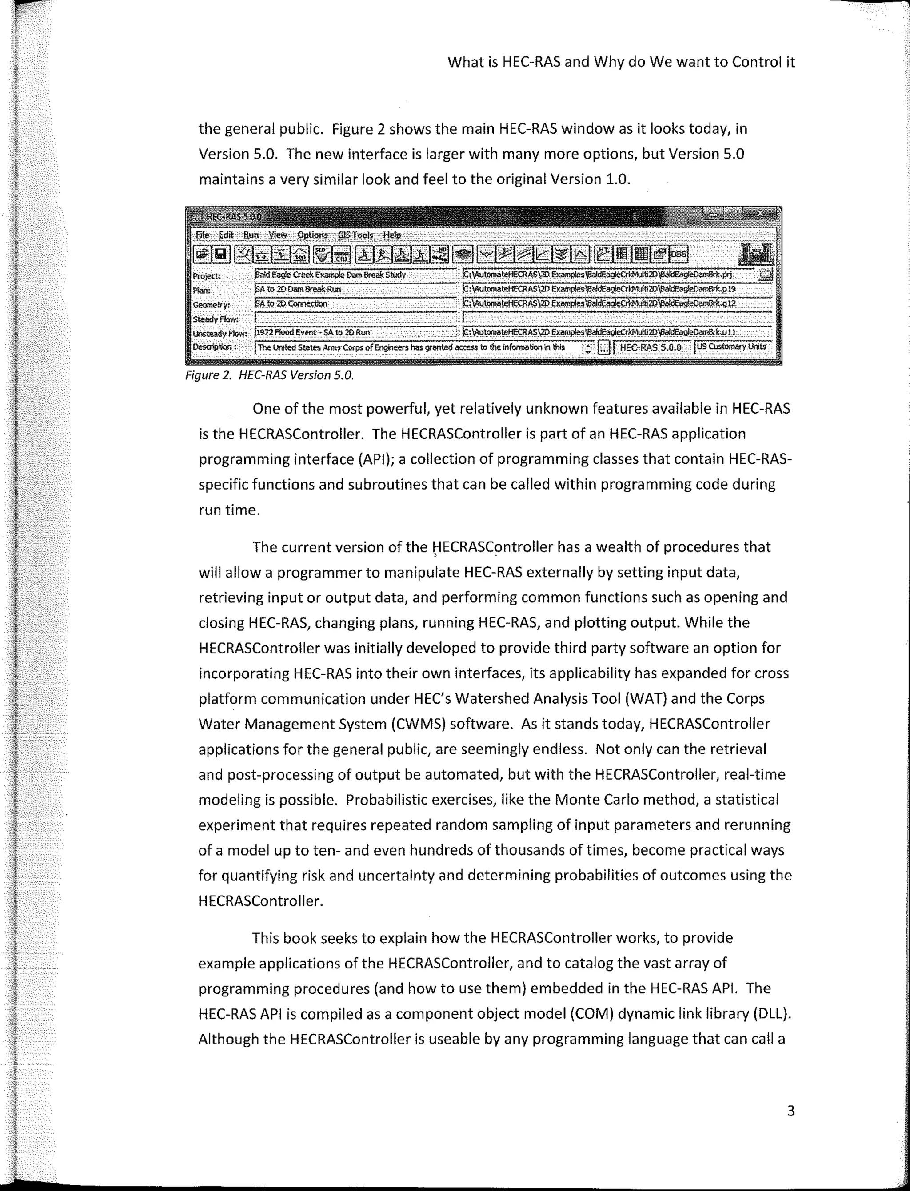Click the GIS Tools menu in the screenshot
[355, 235]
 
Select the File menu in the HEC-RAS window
[202, 235]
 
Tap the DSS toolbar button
[678, 254]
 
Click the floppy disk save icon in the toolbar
[220, 254]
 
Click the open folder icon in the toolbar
[203, 254]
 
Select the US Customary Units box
[731, 347]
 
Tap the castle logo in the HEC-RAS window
[756, 254]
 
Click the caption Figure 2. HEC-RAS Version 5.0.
[269, 375]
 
